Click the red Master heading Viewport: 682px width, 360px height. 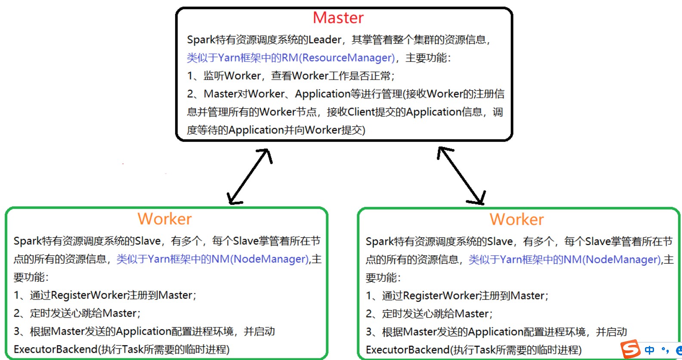tap(338, 18)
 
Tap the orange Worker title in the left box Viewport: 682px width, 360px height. tap(164, 219)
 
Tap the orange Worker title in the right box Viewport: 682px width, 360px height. tap(516, 219)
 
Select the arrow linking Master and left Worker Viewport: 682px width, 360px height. tap(250, 176)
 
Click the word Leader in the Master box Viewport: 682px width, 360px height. tap(325, 40)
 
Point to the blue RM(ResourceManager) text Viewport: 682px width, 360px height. tap(338, 58)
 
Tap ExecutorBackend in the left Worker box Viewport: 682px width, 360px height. tap(56, 349)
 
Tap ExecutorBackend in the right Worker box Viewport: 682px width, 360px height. tap(407, 350)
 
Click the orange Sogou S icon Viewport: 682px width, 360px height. tap(631, 349)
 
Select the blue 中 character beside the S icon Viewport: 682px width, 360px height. tap(649, 350)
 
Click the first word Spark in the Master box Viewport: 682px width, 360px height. tap(201, 40)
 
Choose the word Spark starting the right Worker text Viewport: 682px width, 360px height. tap(380, 241)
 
